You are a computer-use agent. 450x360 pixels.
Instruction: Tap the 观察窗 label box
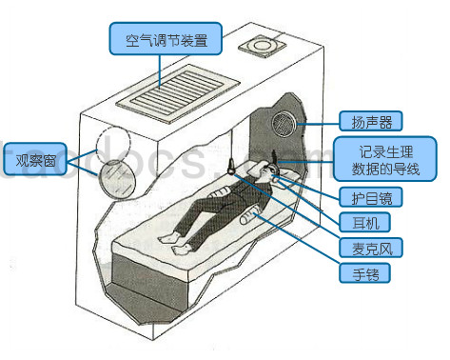click(x=35, y=160)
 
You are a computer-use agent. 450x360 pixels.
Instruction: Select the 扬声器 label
click(x=371, y=121)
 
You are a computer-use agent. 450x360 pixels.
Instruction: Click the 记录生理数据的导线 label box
click(x=385, y=159)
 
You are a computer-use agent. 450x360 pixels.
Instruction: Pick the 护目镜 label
click(x=371, y=197)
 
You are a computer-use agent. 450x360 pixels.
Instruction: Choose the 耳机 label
click(x=364, y=222)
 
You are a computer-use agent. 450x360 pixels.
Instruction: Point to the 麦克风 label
click(x=371, y=248)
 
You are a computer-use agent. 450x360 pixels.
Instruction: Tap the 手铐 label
click(x=364, y=273)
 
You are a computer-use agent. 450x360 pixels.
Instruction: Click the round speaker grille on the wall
click(x=284, y=124)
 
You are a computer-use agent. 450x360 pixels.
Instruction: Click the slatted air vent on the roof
click(x=178, y=94)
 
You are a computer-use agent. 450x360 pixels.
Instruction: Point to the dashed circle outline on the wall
click(x=113, y=141)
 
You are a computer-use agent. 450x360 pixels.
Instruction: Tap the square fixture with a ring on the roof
click(x=262, y=47)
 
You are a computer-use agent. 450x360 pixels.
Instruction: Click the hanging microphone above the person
click(x=231, y=167)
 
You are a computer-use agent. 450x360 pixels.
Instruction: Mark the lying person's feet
click(x=173, y=244)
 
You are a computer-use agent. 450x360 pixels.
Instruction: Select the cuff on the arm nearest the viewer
click(x=249, y=215)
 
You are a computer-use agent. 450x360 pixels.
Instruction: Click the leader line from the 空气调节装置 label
click(x=160, y=71)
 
